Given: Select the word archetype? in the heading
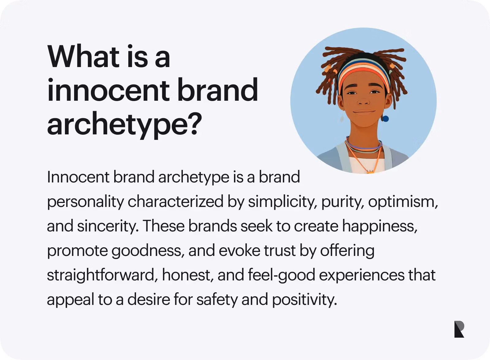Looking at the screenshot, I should coord(124,125).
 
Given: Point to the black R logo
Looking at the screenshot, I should coord(459,329).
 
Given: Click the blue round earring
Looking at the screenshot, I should coord(385,118).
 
